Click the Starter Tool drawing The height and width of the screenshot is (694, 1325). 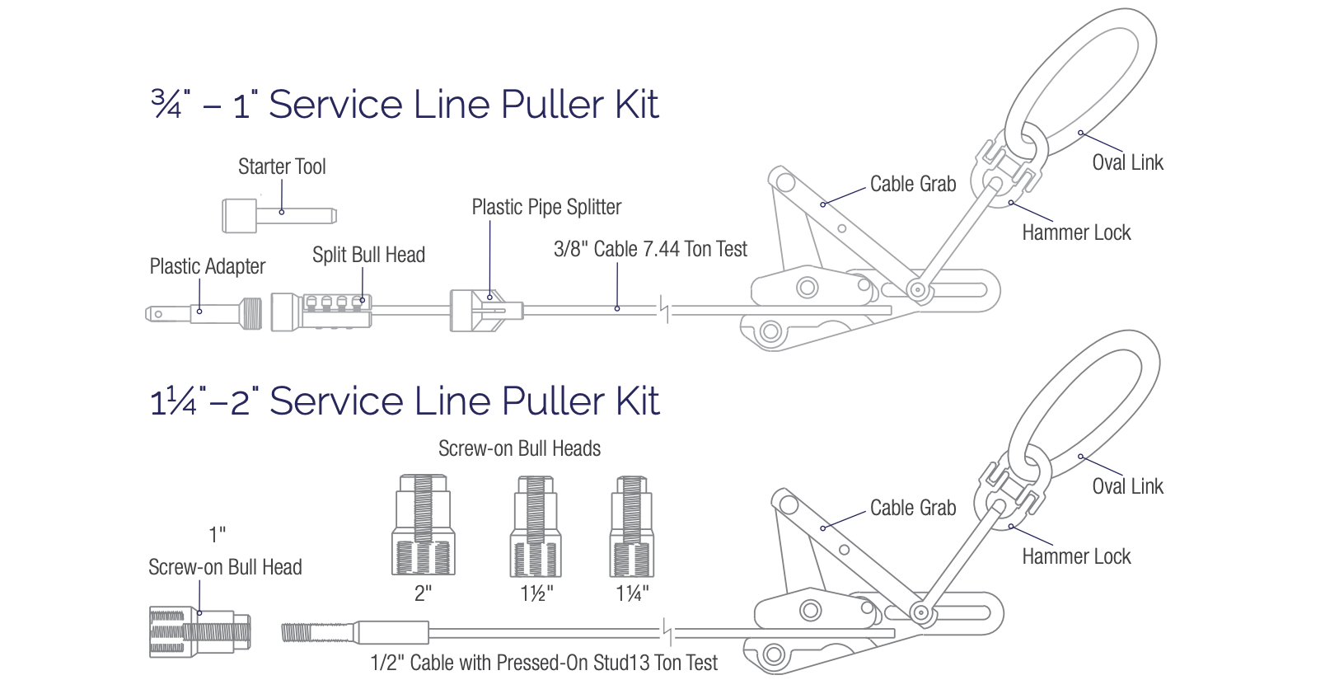point(279,216)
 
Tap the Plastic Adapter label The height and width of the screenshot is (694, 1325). point(207,266)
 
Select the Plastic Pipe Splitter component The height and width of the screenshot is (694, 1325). point(485,311)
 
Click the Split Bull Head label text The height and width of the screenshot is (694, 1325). point(368,255)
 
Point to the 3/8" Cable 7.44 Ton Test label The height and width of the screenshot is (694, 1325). point(650,249)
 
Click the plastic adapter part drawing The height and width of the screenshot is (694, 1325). point(206,313)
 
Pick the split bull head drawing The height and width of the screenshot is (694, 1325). point(321,312)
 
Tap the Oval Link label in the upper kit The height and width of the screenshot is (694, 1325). point(1127,162)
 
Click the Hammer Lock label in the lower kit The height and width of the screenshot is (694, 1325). point(1076,556)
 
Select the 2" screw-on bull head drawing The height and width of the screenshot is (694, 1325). point(423,525)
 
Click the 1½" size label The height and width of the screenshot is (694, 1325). point(536,593)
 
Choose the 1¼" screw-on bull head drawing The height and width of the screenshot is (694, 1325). point(632,526)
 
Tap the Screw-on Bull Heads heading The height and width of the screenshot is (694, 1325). point(519,448)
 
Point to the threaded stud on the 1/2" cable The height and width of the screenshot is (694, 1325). point(297,633)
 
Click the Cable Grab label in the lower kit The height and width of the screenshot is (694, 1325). point(913,508)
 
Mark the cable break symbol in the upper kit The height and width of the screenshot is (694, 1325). point(664,310)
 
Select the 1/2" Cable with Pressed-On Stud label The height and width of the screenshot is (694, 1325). point(544,663)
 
